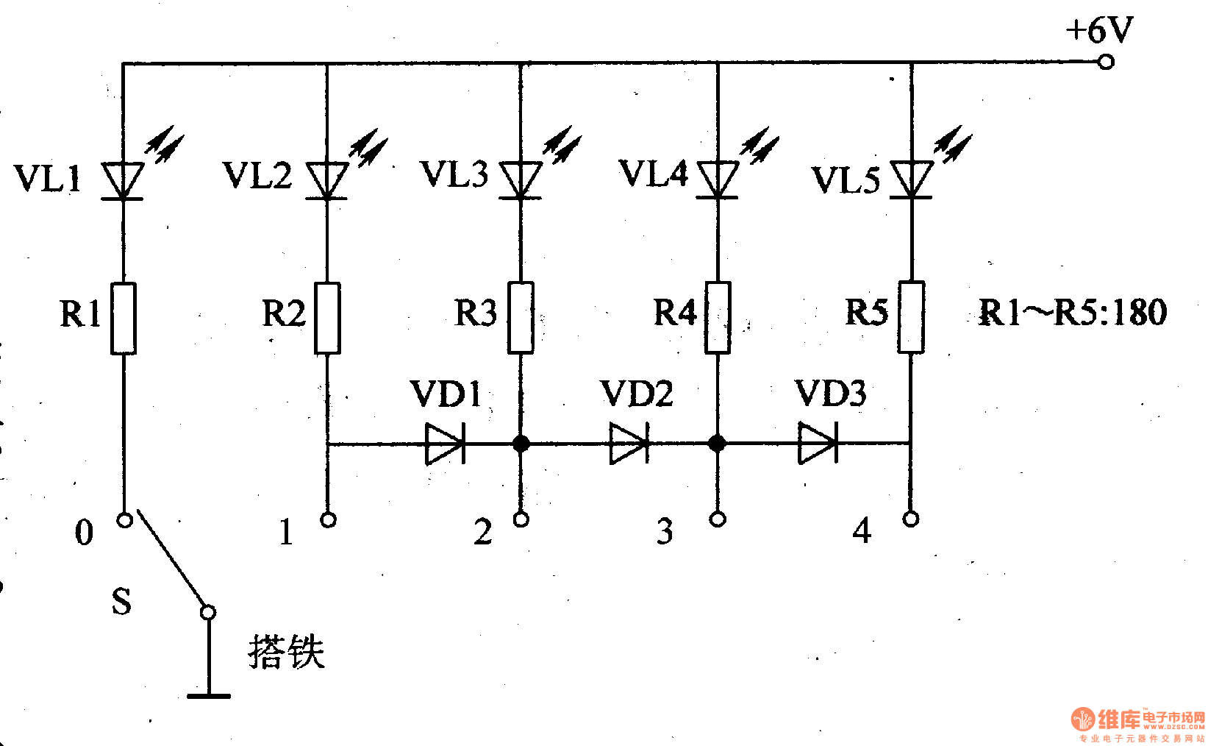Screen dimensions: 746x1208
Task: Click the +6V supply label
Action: click(1098, 31)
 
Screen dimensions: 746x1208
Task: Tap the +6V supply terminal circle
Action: click(1105, 63)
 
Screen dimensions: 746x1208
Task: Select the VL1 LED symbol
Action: click(123, 180)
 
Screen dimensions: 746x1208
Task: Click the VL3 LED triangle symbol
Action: click(521, 180)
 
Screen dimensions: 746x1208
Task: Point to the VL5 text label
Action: click(845, 180)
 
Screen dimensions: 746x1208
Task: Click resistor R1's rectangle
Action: click(124, 318)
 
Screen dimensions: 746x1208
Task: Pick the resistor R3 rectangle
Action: click(521, 317)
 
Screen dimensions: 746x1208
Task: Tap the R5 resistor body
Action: click(911, 317)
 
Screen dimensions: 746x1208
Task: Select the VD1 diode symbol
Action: click(445, 444)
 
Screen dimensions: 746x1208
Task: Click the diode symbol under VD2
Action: click(629, 444)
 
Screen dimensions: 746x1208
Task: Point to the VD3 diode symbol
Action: click(818, 444)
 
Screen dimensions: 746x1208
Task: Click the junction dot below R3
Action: click(521, 444)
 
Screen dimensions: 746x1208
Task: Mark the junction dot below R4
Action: click(718, 444)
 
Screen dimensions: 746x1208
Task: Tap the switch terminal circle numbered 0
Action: click(125, 520)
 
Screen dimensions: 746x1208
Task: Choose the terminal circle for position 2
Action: click(521, 519)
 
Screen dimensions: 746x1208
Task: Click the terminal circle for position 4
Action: click(911, 519)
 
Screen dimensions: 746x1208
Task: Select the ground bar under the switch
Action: click(209, 695)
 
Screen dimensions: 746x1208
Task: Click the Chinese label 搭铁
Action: click(286, 652)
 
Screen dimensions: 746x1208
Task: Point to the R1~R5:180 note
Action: click(1072, 313)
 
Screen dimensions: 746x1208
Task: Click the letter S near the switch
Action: click(122, 601)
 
